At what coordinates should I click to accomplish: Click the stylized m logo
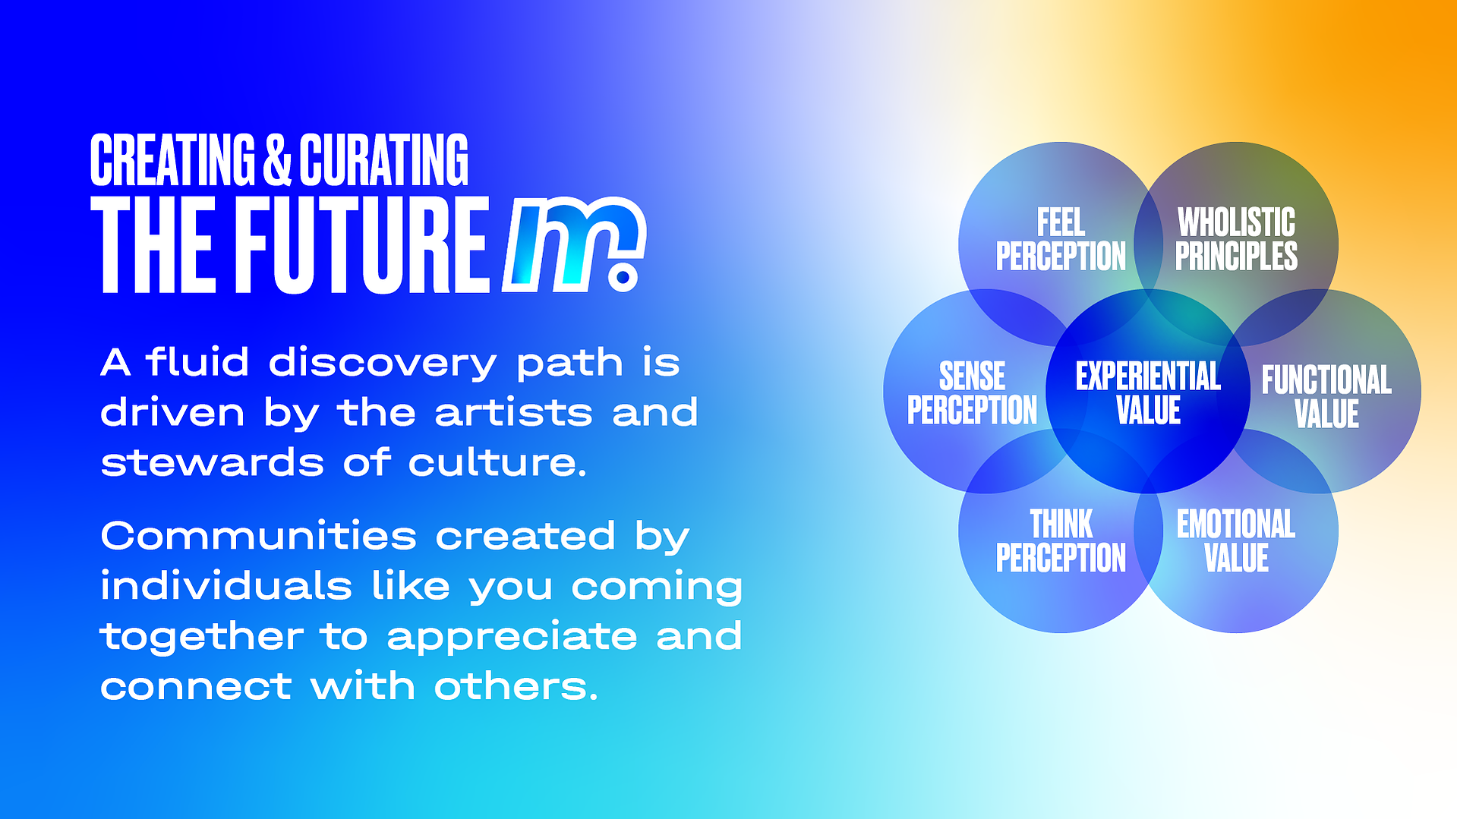[574, 244]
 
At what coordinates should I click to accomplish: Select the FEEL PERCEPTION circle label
[1061, 239]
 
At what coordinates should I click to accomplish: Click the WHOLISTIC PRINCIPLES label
[1236, 239]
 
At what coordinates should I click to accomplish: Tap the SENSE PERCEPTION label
[972, 392]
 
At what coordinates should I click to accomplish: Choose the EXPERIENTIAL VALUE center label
[1148, 392]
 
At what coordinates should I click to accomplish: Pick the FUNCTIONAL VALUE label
[1326, 396]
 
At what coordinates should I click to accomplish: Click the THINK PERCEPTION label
[1061, 540]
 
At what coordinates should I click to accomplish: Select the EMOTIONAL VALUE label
[1236, 540]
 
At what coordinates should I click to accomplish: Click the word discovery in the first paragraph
[383, 364]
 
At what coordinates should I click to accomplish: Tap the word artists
[513, 412]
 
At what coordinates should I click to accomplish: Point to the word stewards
[213, 462]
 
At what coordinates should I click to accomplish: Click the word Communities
[259, 536]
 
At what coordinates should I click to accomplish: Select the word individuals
[226, 585]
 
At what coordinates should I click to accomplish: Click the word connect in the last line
[196, 687]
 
